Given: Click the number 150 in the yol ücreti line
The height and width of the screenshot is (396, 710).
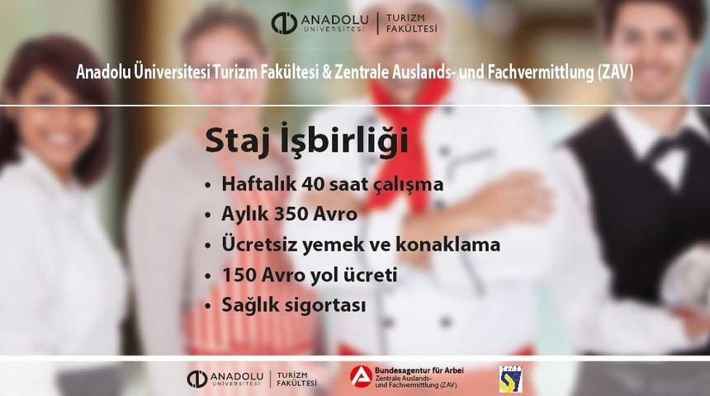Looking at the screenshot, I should coord(240,275).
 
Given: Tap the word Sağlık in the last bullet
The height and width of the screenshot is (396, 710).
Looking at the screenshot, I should coord(251,304).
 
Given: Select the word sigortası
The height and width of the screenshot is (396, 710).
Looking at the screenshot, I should coord(324,304).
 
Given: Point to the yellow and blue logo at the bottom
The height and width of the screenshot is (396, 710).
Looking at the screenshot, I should coord(509,377).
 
